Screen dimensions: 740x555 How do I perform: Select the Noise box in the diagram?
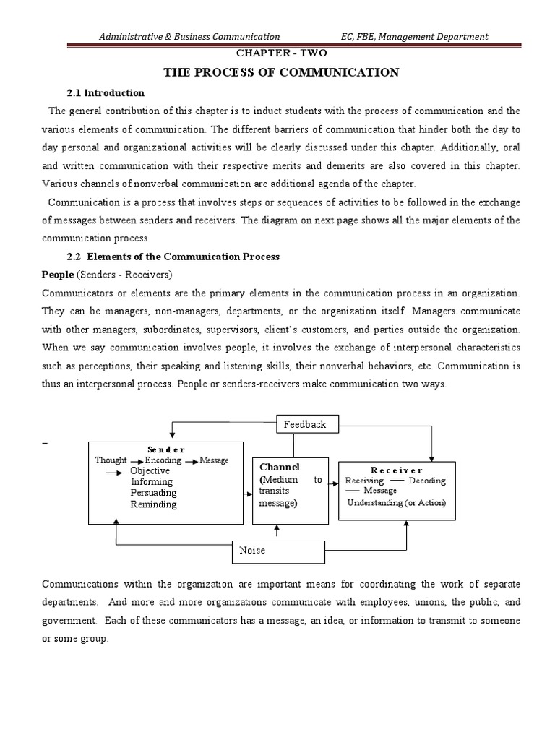pos(278,551)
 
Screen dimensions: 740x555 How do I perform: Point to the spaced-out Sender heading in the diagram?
pos(166,449)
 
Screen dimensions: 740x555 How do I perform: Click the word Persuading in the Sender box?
pos(153,493)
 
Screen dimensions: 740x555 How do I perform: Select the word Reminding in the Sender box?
pos(153,504)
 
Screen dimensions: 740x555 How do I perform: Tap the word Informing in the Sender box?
pos(151,482)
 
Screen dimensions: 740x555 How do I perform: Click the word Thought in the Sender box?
pos(111,460)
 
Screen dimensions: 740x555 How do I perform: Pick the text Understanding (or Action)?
pos(397,502)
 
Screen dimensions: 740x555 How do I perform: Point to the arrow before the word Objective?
pos(115,471)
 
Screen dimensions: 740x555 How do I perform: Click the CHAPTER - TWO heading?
pos(277,53)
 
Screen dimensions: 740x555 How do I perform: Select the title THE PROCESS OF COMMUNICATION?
pos(282,72)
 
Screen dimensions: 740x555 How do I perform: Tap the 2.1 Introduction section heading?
pos(106,93)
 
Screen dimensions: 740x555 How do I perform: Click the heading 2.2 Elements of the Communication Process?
pos(173,257)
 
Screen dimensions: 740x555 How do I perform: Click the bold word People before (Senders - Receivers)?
pos(58,275)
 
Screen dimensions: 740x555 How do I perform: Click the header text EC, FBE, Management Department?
pos(414,36)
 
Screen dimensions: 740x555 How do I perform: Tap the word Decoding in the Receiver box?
pos(427,481)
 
